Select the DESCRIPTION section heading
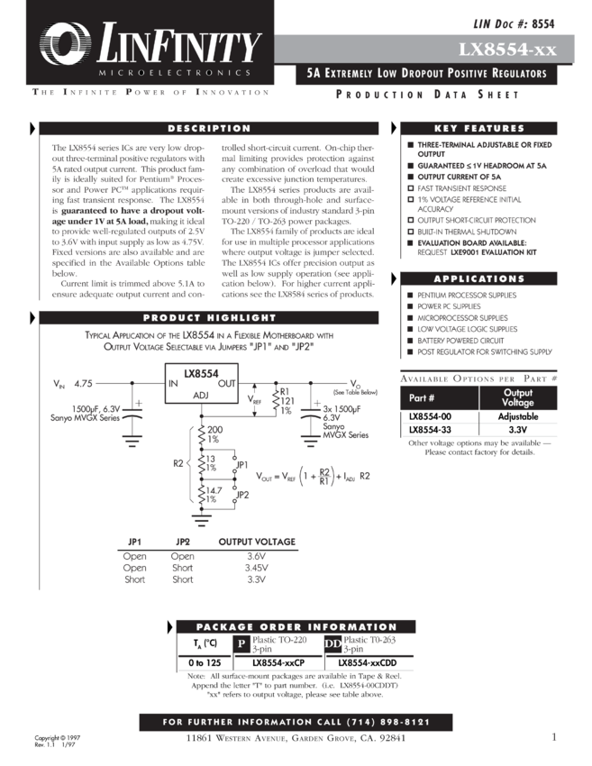[209, 129]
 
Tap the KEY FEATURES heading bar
[478, 129]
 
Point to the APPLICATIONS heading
[478, 279]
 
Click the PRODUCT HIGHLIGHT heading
[209, 318]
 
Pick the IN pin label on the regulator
[173, 383]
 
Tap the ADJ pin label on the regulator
[199, 395]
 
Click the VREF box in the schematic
[255, 397]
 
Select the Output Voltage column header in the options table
[517, 397]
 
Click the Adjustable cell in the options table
[517, 416]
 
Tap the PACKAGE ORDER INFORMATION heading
[284, 627]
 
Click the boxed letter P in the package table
[241, 643]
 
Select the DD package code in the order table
[331, 643]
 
